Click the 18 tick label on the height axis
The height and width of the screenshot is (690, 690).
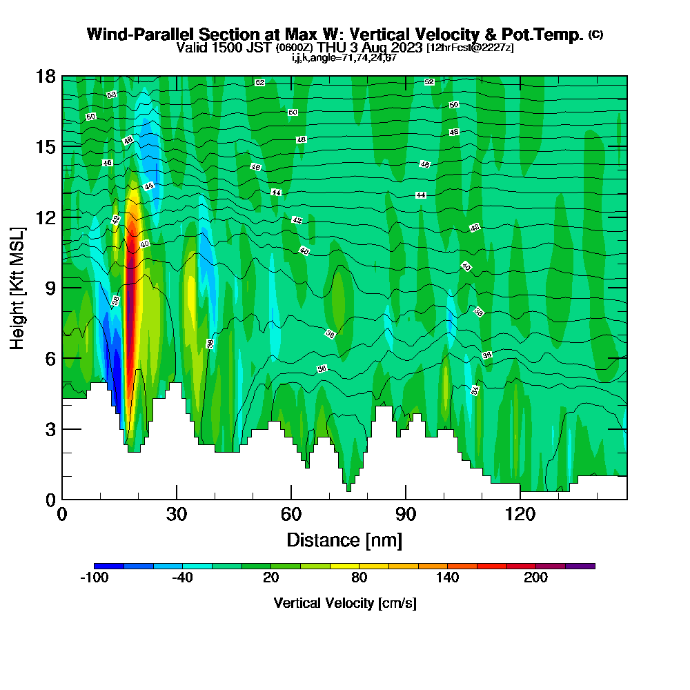tap(46, 77)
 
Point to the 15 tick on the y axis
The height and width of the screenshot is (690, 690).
tap(46, 147)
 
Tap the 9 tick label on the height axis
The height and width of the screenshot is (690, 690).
tap(50, 288)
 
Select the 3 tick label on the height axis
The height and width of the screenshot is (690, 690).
tap(50, 429)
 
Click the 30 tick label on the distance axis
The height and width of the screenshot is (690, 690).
tap(177, 514)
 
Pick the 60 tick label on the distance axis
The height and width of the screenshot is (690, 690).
tap(291, 514)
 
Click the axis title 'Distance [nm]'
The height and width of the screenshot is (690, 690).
tap(344, 540)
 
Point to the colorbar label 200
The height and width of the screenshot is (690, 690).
tap(535, 578)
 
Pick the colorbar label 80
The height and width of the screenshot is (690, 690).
tap(359, 578)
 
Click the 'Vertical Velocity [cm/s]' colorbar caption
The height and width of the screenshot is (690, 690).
tap(344, 603)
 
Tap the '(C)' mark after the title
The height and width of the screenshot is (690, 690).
tap(596, 34)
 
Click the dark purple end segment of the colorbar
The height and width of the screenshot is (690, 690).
tap(580, 566)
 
